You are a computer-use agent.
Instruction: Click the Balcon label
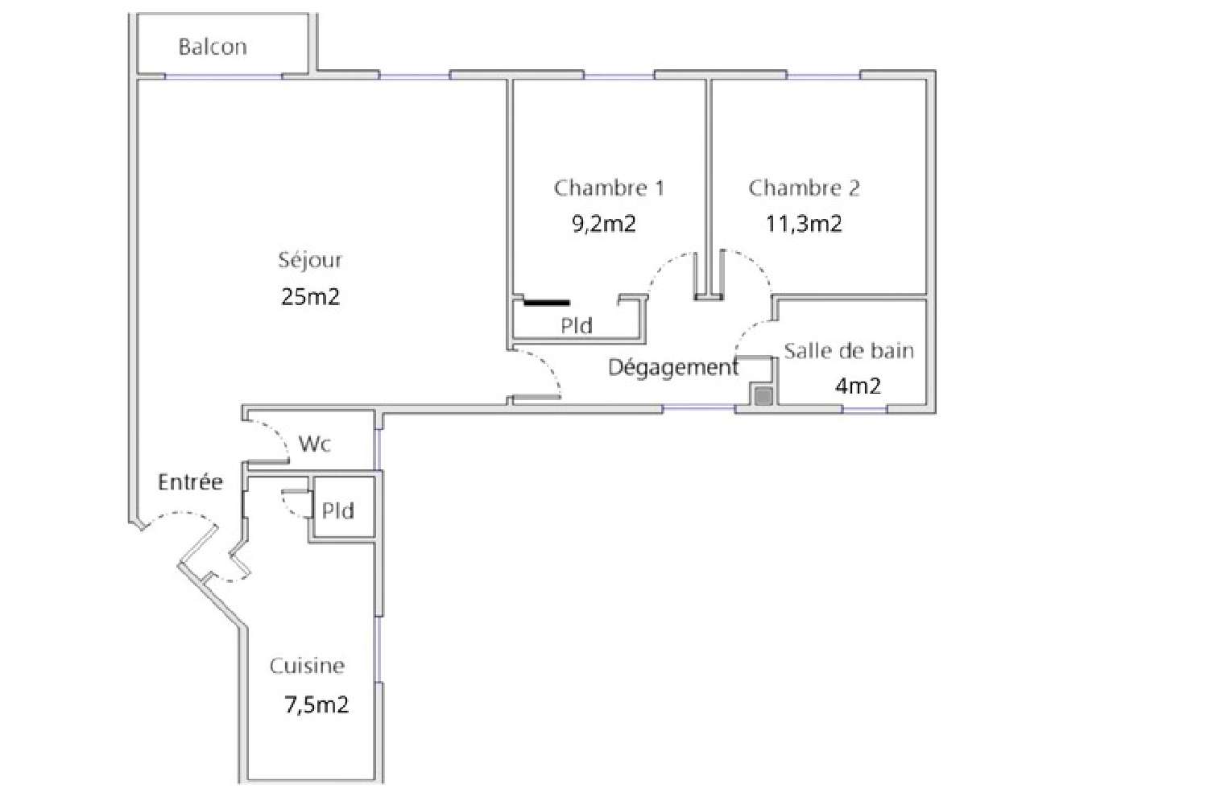[213, 47]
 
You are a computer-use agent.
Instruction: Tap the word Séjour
[310, 260]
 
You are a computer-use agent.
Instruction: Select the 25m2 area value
[311, 297]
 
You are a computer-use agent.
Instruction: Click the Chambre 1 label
[609, 188]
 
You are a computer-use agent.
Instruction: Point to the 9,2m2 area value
[604, 224]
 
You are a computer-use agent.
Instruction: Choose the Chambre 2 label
[804, 188]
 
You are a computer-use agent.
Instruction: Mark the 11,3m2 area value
[804, 224]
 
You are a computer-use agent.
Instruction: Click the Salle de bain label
[849, 351]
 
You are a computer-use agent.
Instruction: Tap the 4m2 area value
[858, 386]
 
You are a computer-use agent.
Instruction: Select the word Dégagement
[672, 368]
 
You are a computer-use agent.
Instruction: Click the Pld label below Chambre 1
[577, 326]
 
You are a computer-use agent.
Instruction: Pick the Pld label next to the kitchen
[338, 511]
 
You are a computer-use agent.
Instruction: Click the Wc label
[314, 444]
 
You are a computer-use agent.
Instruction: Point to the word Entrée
[190, 482]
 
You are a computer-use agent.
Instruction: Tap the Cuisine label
[307, 666]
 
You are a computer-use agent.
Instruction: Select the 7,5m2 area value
[316, 705]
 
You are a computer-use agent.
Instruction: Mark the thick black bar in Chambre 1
[547, 304]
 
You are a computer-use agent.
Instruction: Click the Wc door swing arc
[278, 435]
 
